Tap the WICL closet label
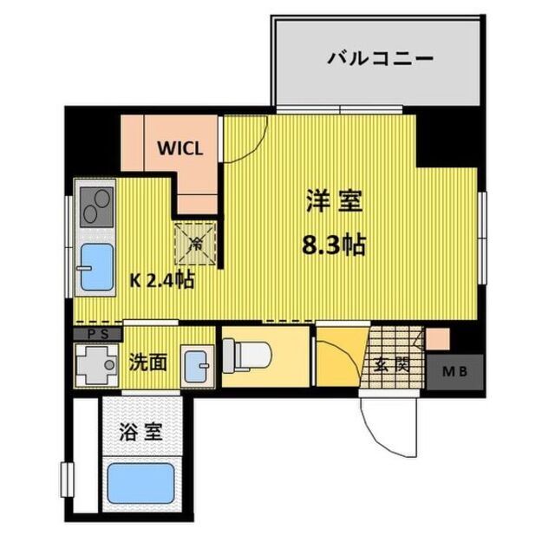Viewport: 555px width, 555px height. coord(180,147)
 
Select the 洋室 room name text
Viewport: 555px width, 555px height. coord(333,202)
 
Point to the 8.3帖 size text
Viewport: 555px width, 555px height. coord(333,245)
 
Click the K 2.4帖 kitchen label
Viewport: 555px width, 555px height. coord(162,281)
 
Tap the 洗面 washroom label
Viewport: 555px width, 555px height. coord(148,361)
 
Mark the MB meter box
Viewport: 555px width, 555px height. coord(454,371)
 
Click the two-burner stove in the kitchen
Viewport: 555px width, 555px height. coord(95,206)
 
